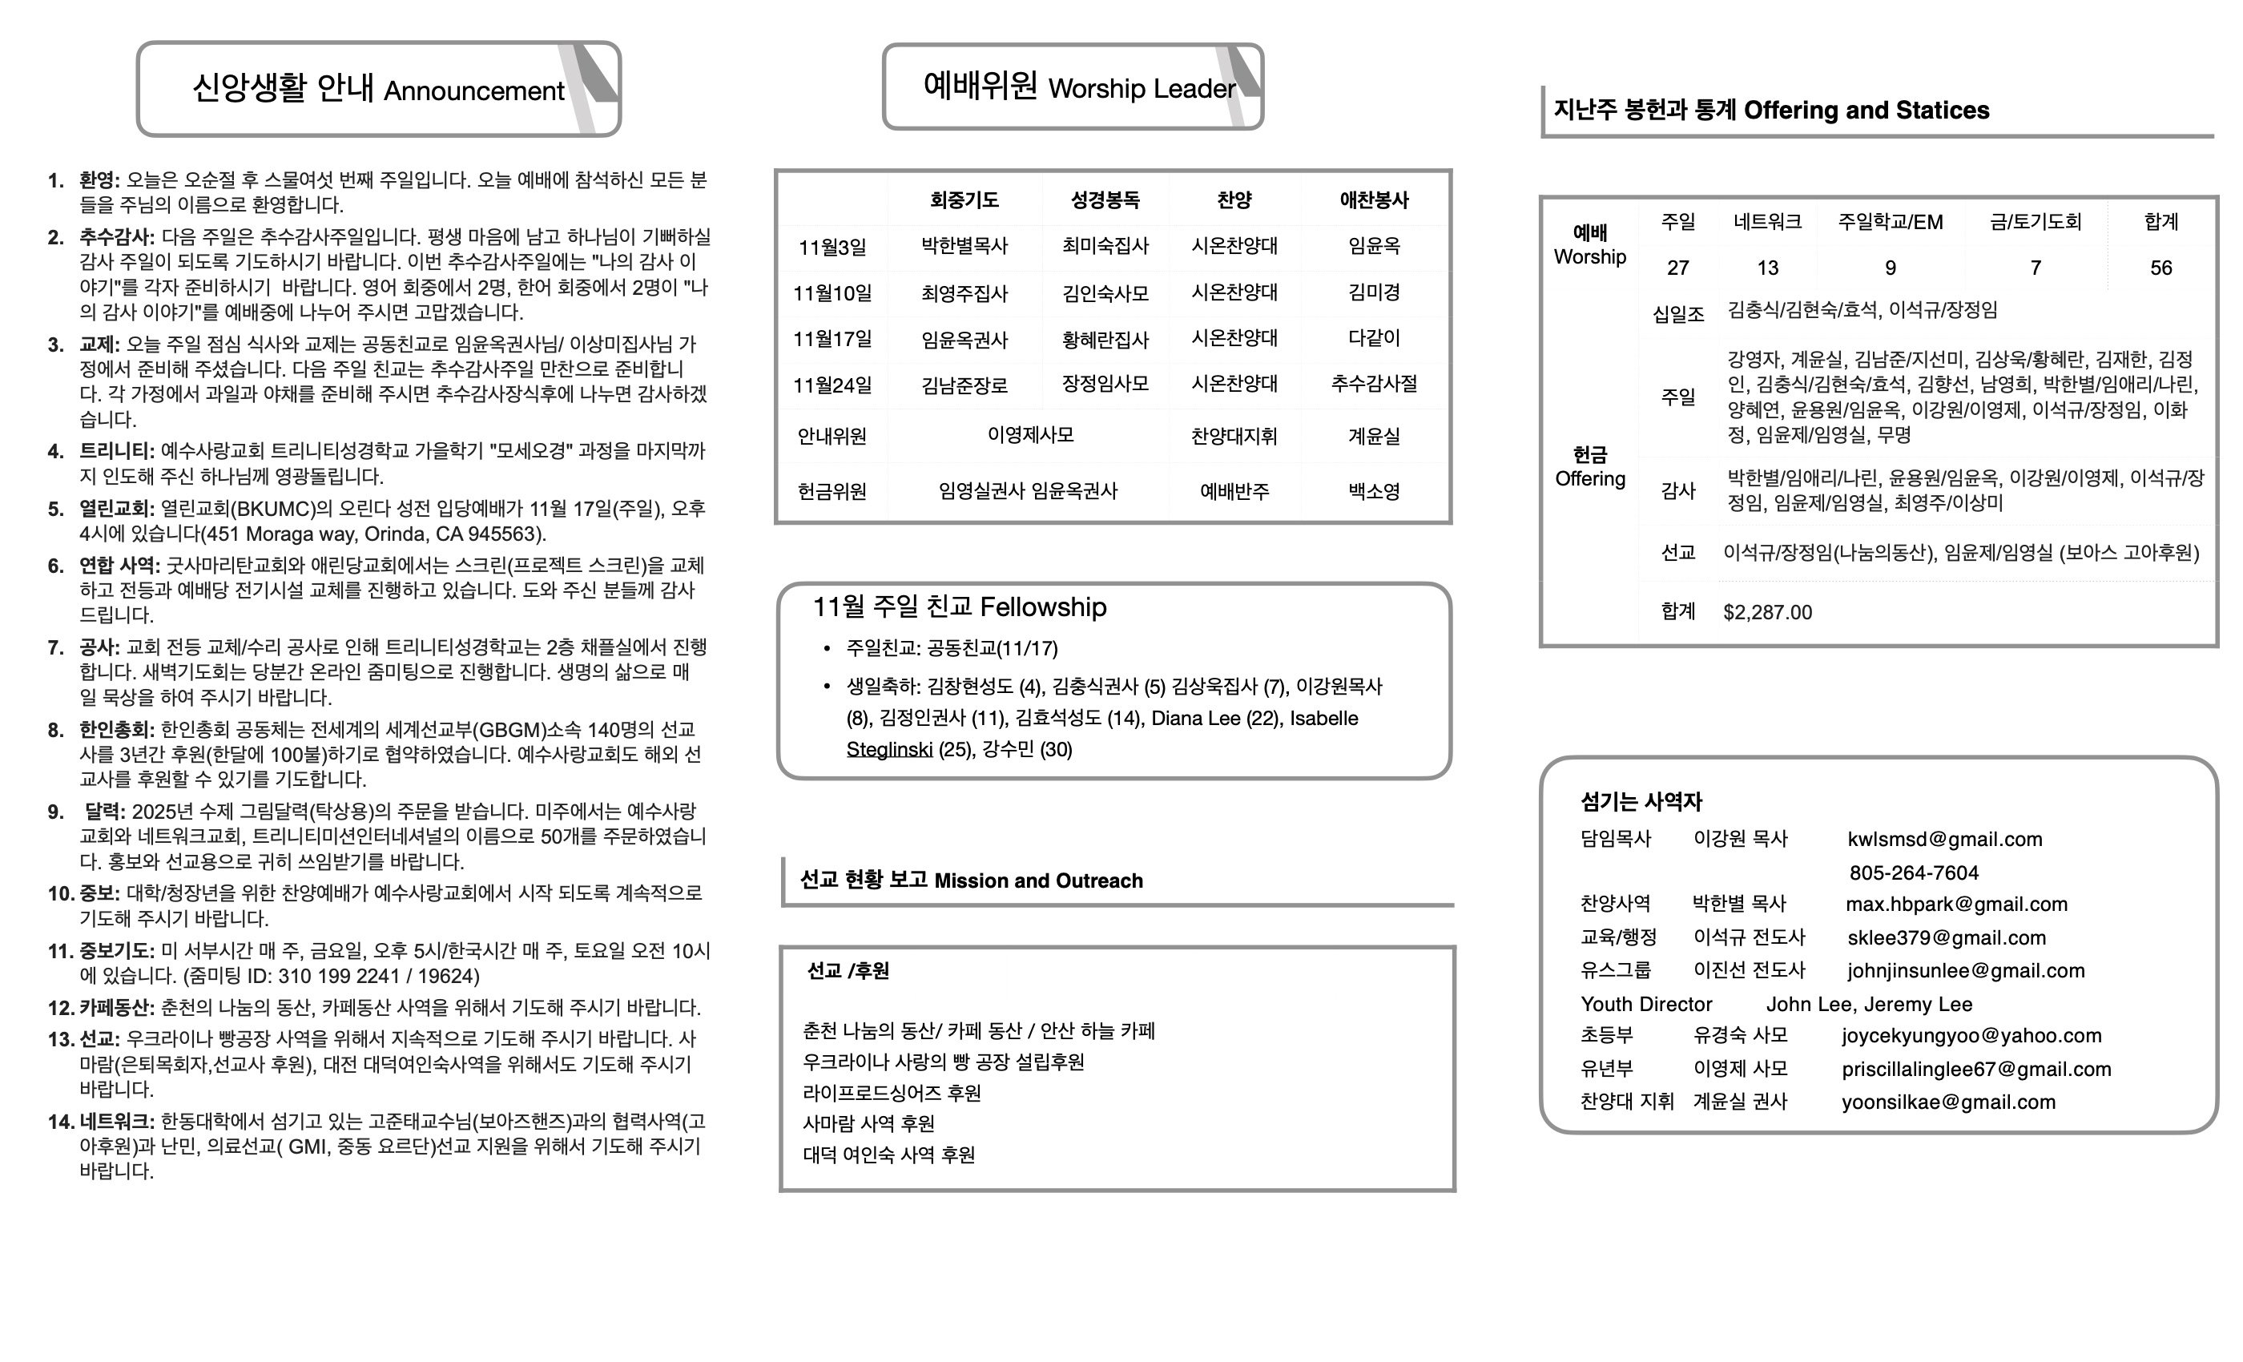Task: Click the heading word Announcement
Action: [473, 91]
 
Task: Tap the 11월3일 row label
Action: [832, 248]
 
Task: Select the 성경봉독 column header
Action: [1105, 200]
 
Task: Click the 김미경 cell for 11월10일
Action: [1374, 293]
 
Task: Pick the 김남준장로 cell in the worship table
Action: [964, 385]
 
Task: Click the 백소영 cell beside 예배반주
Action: [1374, 492]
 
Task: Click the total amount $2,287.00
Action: [1767, 613]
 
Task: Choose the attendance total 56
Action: [2160, 268]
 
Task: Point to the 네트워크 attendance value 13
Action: [1767, 268]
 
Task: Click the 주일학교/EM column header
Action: [1890, 222]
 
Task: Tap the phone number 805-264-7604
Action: [1914, 873]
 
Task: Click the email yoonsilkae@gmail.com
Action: [1948, 1102]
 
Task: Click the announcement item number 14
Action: [61, 1122]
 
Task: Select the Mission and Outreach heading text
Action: [1037, 881]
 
